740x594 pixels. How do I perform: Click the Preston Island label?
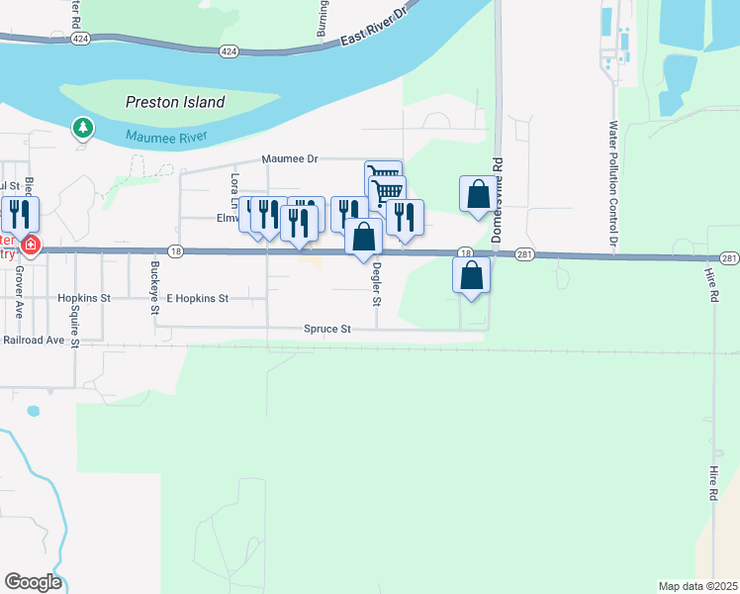point(175,102)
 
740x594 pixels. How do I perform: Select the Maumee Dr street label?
point(289,158)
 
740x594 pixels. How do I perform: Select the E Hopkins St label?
point(197,297)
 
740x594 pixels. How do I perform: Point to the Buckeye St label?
point(155,288)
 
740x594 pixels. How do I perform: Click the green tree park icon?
point(83,128)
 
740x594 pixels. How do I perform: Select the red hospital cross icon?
point(31,245)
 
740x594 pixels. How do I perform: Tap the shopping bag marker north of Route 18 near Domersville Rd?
point(478,194)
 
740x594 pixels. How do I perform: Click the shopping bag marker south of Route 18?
point(472,276)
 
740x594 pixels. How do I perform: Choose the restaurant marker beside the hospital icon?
point(20,214)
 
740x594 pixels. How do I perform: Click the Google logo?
point(33,581)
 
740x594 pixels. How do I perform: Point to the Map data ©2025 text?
point(697,585)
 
